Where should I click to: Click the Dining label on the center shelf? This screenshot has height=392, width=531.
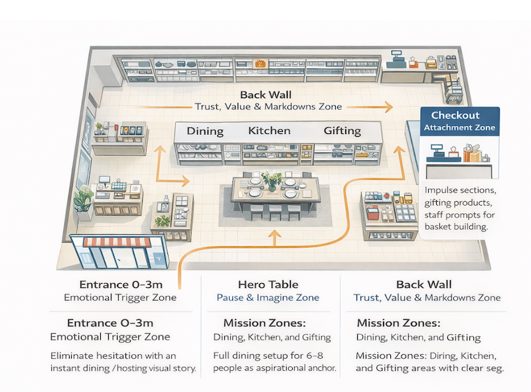[205, 131]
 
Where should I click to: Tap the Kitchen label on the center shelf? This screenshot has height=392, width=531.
[269, 130]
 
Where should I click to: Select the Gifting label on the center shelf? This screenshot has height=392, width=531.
[342, 131]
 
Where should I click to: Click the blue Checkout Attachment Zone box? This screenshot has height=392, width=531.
[461, 121]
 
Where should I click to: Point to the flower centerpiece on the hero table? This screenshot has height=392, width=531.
[272, 179]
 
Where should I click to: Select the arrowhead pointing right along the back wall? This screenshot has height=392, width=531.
[388, 106]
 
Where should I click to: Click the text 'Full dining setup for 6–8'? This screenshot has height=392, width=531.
[271, 356]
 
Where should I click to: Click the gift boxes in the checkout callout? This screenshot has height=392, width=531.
[473, 155]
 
